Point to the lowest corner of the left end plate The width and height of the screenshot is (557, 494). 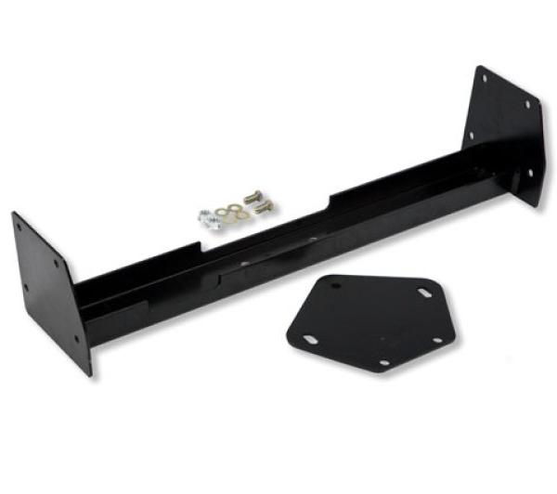[x=90, y=375]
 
